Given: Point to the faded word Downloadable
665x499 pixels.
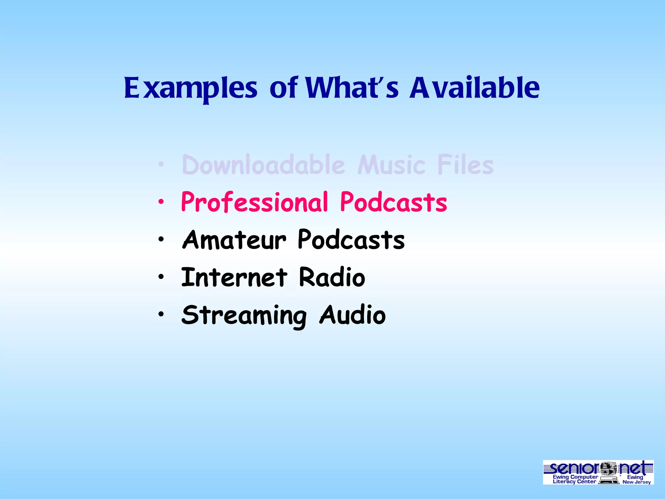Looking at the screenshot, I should point(263,165).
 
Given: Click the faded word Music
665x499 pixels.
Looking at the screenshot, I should point(391,165).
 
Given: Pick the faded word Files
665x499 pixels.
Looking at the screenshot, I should point(465,165).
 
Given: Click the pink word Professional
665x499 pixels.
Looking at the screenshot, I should point(255,202).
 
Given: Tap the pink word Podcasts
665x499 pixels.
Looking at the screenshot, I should point(394,202).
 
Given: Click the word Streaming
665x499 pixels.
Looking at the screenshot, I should point(244,315).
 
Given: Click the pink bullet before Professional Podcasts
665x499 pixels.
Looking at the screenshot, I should point(161,202).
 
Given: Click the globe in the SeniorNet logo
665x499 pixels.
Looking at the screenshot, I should point(608,469).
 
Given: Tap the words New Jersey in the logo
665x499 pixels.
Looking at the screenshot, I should point(636,482).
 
